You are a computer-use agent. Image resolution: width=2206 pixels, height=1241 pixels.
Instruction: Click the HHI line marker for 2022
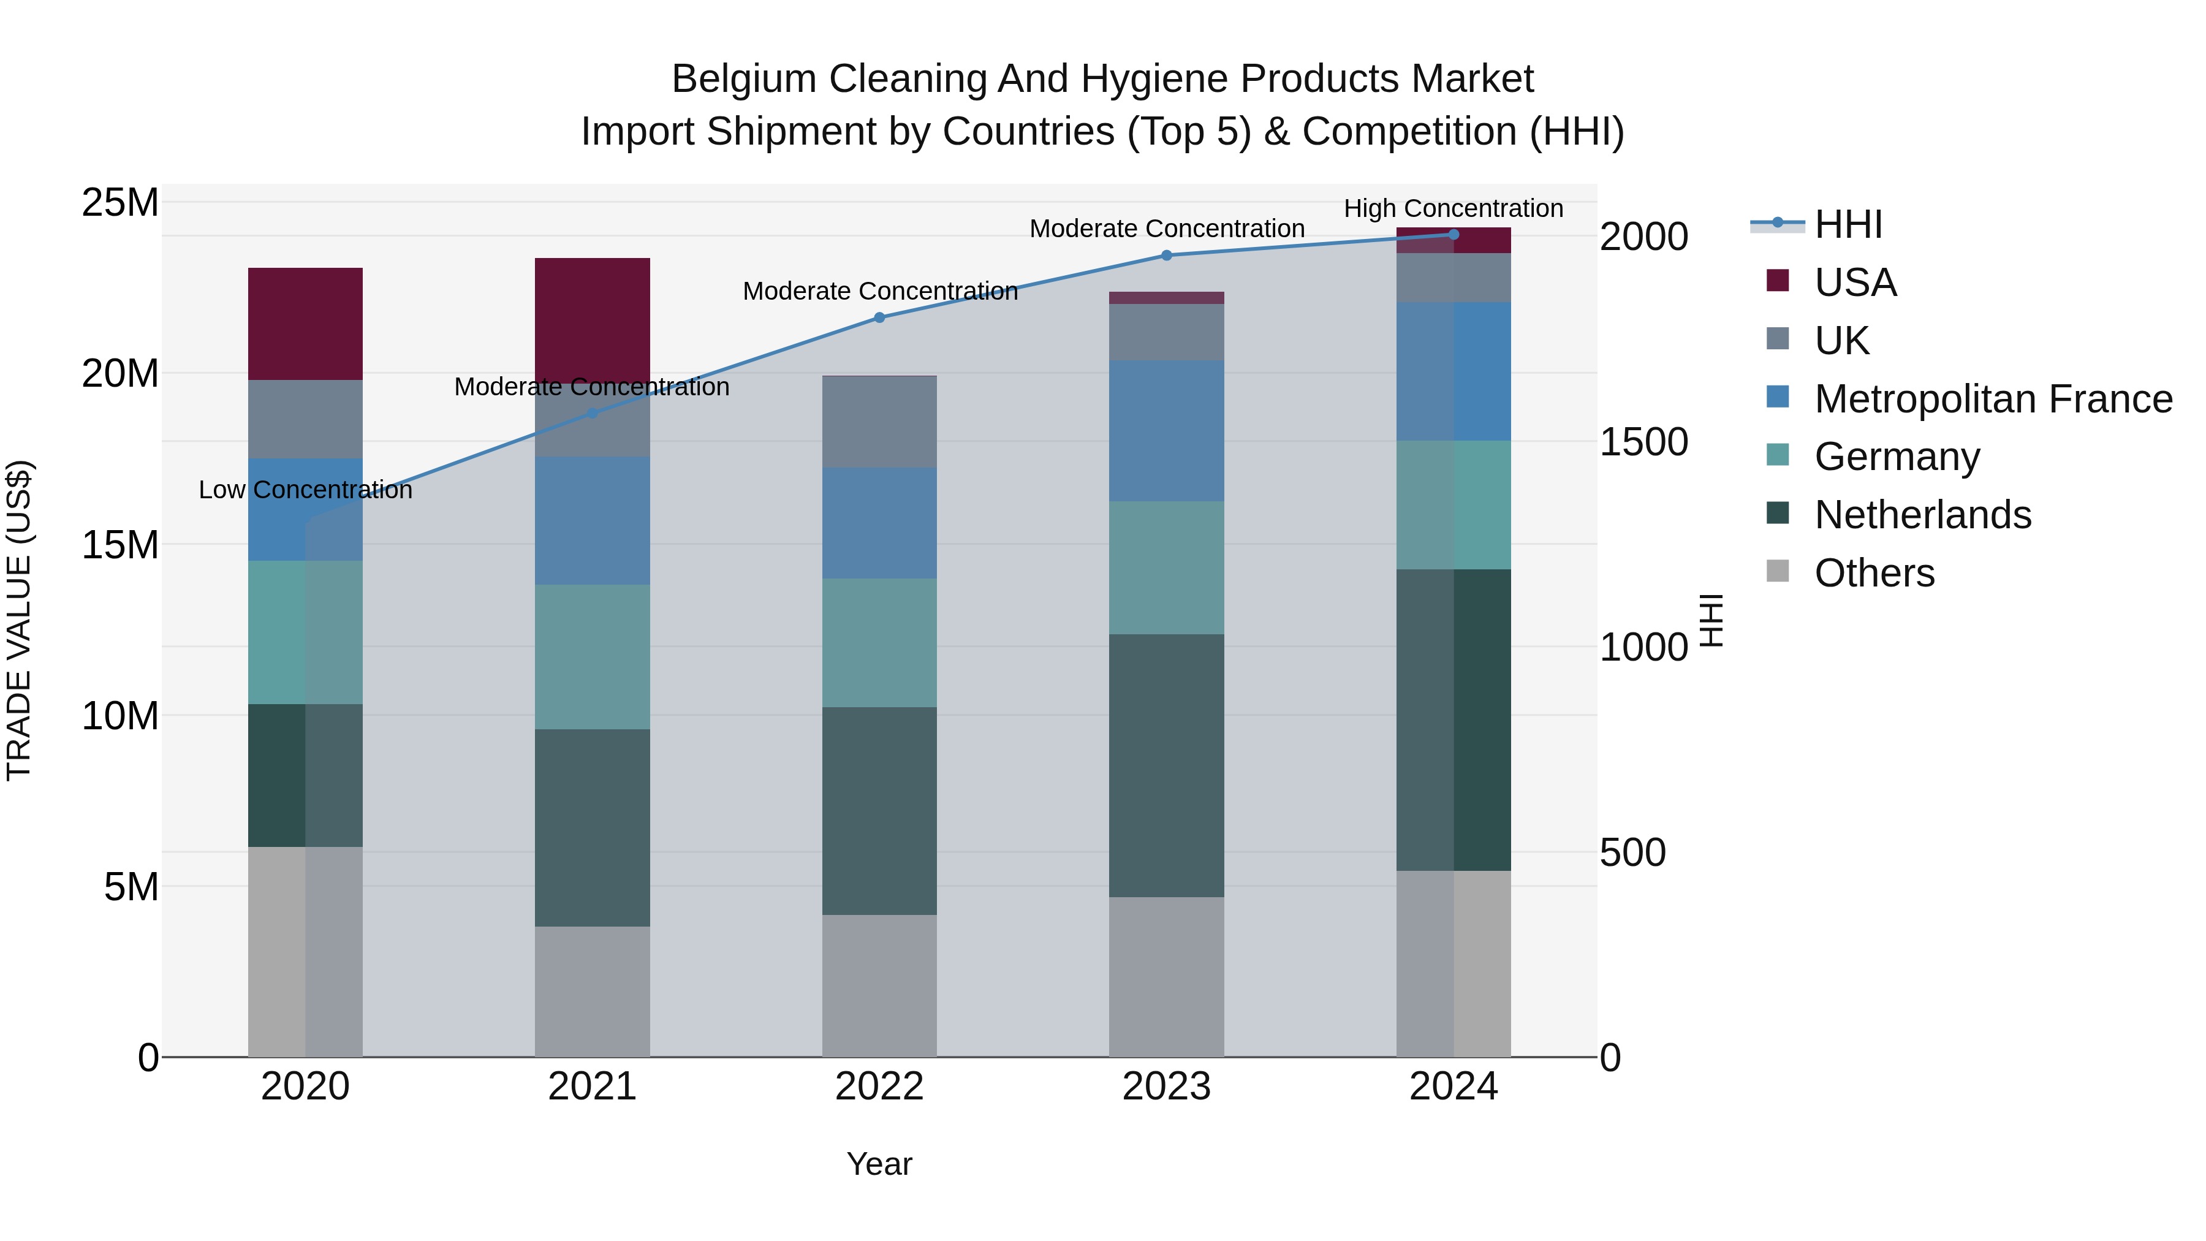(x=879, y=317)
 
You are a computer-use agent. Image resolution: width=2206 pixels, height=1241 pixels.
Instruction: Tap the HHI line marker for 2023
(x=1166, y=255)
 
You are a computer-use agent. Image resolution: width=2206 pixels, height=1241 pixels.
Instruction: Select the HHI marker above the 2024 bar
(x=1454, y=235)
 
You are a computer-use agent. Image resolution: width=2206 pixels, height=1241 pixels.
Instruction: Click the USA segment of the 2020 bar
(x=306, y=324)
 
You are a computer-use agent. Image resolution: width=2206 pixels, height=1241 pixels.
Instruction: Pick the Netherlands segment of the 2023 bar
(x=1166, y=765)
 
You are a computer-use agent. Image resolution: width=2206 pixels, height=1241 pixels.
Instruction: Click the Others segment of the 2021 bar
(x=593, y=991)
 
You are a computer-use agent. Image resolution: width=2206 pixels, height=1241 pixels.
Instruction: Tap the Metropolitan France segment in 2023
(x=1166, y=431)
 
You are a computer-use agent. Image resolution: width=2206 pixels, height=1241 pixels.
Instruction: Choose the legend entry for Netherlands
(x=1922, y=515)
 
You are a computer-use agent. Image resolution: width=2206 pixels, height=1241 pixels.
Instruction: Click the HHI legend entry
(x=1848, y=224)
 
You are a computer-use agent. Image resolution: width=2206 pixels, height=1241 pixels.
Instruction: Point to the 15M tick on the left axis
(x=120, y=545)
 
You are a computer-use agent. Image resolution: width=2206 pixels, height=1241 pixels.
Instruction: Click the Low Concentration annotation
(x=306, y=490)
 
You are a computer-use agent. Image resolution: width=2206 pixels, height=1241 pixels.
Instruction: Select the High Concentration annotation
(x=1454, y=208)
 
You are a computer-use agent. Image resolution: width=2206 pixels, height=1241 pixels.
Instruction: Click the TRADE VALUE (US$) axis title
(x=19, y=620)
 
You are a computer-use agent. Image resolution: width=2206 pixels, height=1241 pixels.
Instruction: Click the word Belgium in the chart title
(x=743, y=79)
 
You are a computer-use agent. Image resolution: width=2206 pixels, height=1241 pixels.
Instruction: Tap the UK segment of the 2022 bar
(x=879, y=422)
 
